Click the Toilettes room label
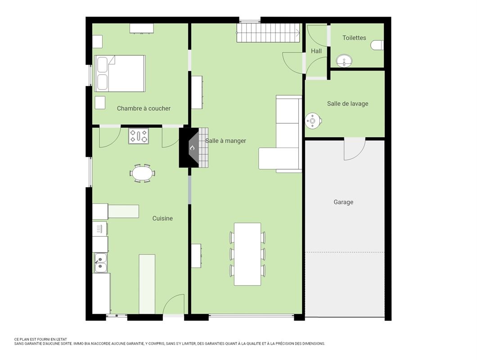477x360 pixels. [354, 38]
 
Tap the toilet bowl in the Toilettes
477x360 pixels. [377, 45]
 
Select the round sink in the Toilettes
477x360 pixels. [344, 61]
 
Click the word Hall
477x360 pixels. [316, 51]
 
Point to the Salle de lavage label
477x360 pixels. [347, 104]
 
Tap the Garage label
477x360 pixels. [343, 202]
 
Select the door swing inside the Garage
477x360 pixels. [355, 148]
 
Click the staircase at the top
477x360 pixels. [269, 33]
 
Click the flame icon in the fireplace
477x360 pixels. [192, 148]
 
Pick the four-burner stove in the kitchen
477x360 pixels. [139, 136]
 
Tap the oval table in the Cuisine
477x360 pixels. [142, 173]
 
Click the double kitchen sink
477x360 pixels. [100, 263]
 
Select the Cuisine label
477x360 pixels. [162, 219]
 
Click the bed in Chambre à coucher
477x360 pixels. [120, 73]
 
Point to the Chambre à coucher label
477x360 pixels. [144, 108]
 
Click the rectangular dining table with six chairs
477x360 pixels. [247, 254]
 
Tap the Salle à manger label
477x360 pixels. [225, 141]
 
